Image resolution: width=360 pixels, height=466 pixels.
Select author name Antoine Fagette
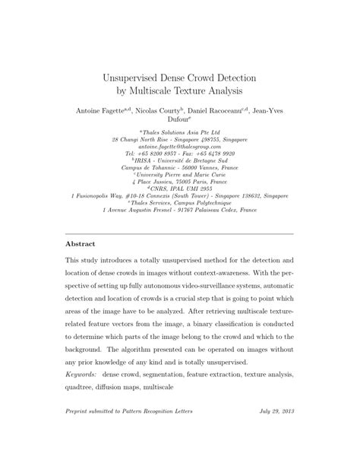click(103, 111)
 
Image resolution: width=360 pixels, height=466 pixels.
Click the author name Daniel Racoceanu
click(212, 111)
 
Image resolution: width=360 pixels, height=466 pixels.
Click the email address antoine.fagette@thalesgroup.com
click(179, 147)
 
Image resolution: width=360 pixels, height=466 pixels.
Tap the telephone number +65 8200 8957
click(153, 154)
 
